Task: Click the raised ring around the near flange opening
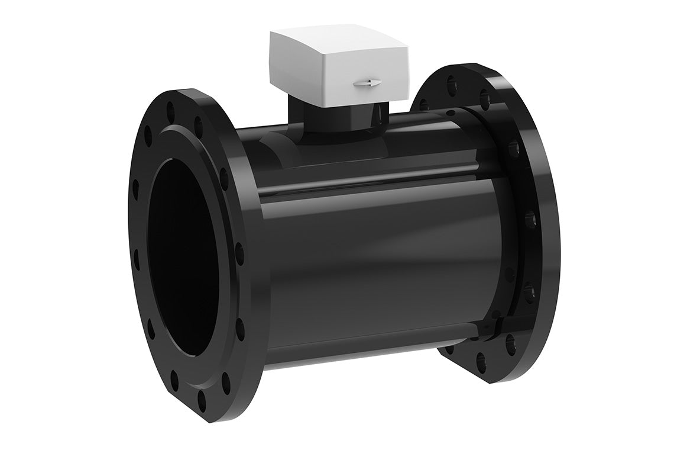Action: (219, 249)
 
